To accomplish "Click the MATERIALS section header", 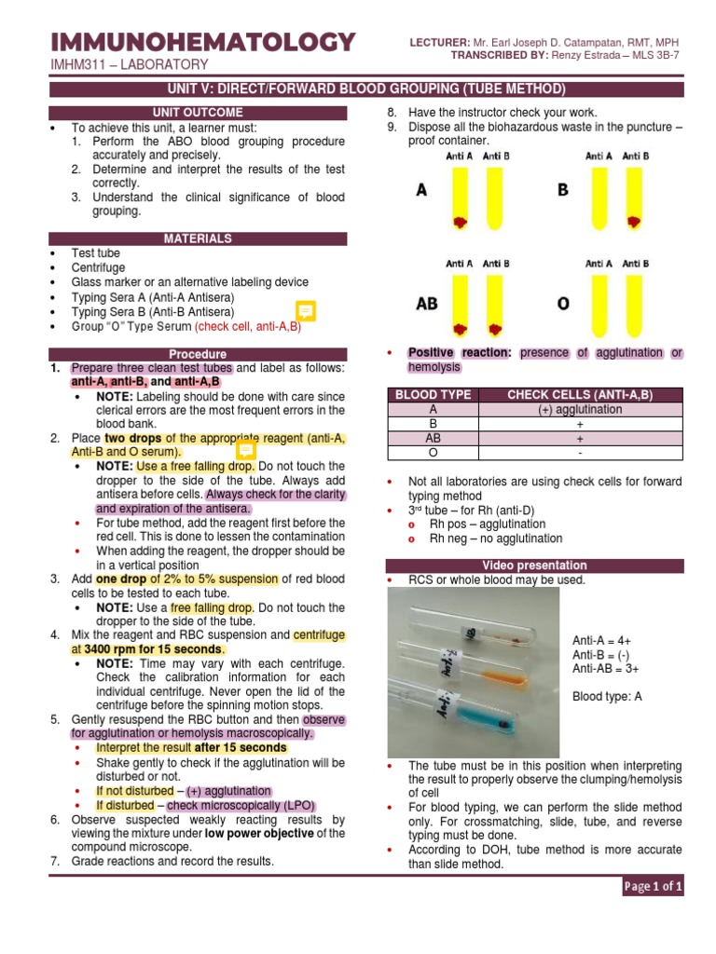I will click(x=198, y=238).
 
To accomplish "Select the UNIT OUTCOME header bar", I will click(x=198, y=113).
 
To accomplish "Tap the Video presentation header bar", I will click(x=534, y=566).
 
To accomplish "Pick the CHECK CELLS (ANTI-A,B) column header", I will click(x=580, y=395).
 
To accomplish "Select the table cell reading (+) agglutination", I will click(x=580, y=410).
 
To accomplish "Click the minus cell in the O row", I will click(x=580, y=453).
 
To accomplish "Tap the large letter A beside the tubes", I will click(x=422, y=190).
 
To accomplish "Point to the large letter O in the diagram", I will click(x=563, y=304).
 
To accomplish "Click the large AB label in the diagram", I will click(x=427, y=304).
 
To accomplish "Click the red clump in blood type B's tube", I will click(x=635, y=223).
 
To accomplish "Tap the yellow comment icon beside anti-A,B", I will click(x=305, y=311).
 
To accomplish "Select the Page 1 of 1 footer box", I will click(x=653, y=887).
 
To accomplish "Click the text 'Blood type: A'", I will click(x=607, y=696).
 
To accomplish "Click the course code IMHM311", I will click(x=80, y=64).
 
